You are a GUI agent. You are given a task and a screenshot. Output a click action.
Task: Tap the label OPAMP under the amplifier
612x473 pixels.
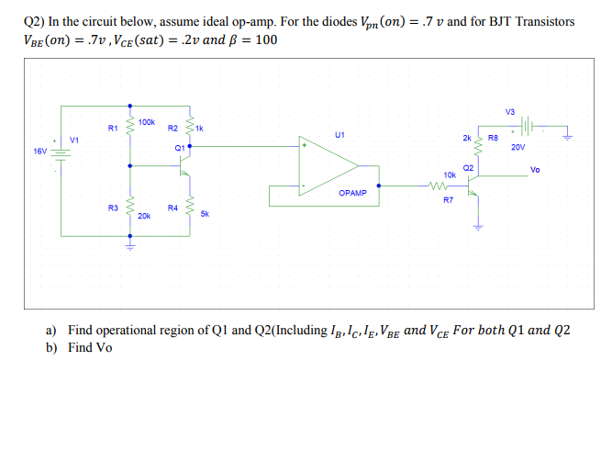coord(352,194)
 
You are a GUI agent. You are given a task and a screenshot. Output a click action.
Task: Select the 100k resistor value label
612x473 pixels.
coord(147,121)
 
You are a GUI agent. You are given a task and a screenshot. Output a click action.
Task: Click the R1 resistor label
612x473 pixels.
coord(113,129)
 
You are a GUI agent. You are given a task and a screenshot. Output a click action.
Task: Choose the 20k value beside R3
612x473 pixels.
coord(144,216)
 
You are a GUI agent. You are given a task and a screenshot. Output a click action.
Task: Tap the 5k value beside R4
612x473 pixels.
coord(205,212)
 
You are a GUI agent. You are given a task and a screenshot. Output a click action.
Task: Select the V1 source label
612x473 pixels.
coord(74,139)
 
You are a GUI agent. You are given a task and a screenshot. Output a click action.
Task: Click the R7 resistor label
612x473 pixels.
coord(448,199)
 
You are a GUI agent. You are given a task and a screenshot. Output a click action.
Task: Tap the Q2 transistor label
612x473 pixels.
coord(468,168)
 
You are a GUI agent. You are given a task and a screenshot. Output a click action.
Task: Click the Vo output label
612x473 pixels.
coord(535,170)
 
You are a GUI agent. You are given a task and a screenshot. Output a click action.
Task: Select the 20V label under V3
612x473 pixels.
coord(518,146)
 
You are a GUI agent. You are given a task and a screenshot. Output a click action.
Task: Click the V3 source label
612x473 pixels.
coord(510,112)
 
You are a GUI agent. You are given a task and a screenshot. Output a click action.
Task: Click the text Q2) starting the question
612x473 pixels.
coord(36,21)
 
